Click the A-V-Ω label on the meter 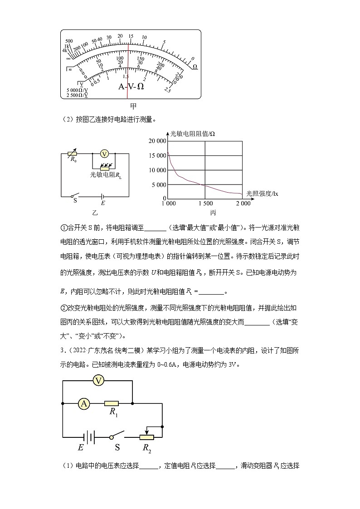pos(131,86)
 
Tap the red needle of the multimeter pos(128,68)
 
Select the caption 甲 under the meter pos(133,107)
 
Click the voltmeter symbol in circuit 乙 pos(104,154)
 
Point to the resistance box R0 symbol pos(72,154)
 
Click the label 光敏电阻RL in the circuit pos(106,174)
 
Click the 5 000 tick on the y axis pos(159,184)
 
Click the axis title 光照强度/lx pos(262,193)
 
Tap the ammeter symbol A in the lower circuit pos(83,403)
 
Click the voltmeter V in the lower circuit pos(98,381)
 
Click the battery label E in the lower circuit pos(81,447)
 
